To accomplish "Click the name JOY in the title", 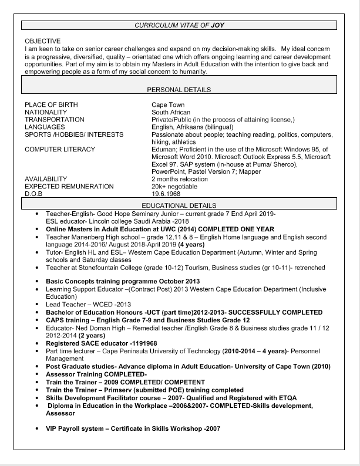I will click(x=217, y=26).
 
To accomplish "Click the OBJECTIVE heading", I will click(x=43, y=41).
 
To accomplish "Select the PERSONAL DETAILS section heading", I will click(x=179, y=90).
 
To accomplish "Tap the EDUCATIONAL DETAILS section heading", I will click(x=179, y=205).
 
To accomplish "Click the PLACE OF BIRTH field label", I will click(x=51, y=105).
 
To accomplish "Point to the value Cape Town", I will click(x=168, y=105).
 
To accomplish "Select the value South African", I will click(x=172, y=112).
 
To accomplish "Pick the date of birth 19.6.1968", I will click(x=166, y=193).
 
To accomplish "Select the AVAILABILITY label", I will click(x=45, y=178).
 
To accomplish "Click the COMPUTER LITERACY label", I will click(x=60, y=149).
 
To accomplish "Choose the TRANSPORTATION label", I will click(x=54, y=120).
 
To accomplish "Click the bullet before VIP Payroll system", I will click(x=38, y=428).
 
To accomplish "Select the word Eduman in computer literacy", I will click(x=164, y=149).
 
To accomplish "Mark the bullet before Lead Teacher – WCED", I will click(x=38, y=305).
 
